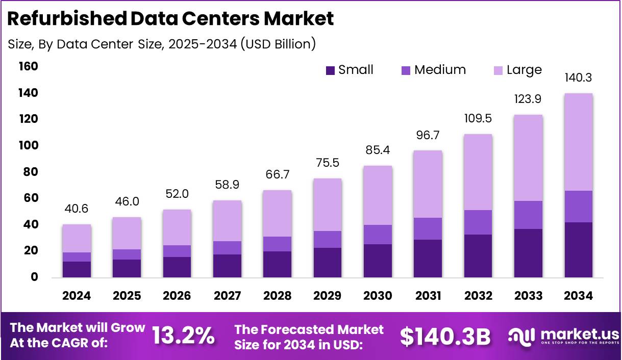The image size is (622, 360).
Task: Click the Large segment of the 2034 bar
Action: (x=578, y=142)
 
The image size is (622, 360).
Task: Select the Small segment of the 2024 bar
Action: (x=77, y=269)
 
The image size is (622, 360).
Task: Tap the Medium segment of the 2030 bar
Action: (x=378, y=235)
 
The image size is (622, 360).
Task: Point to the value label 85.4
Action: (x=378, y=151)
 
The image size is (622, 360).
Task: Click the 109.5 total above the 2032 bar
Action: (x=478, y=119)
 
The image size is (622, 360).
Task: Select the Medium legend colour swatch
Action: (x=406, y=70)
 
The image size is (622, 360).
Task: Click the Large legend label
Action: (x=524, y=70)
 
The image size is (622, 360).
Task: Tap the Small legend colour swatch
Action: (x=331, y=70)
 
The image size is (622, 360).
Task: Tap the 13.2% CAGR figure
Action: (x=183, y=336)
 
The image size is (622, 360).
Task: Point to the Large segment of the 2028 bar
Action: (x=277, y=213)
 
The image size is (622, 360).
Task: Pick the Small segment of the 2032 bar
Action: (x=478, y=255)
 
